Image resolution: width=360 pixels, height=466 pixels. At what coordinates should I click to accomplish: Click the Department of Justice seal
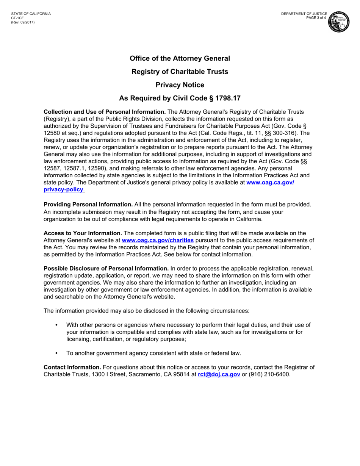[340, 22]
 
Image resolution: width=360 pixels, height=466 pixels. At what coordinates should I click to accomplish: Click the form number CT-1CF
[17, 18]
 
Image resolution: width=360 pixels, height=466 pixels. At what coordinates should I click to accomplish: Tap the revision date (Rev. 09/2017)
[23, 22]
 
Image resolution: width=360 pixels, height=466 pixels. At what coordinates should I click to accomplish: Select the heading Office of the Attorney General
[180, 58]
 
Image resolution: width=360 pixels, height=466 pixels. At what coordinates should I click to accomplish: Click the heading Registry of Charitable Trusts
[180, 72]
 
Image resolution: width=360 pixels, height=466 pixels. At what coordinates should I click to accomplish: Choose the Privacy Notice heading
[180, 85]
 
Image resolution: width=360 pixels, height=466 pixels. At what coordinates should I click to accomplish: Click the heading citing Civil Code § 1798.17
[180, 99]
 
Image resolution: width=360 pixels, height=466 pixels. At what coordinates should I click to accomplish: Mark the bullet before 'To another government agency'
[57, 353]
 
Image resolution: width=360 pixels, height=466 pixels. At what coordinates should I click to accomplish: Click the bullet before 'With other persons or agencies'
[57, 325]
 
